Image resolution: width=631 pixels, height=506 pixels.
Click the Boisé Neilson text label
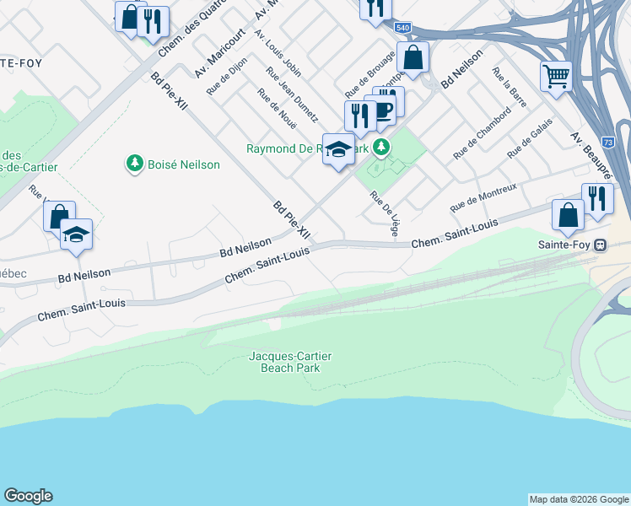184,164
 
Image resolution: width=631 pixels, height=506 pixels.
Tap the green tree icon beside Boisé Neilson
134,163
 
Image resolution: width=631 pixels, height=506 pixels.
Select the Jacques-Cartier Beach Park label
284,362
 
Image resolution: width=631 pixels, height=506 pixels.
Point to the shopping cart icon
557,77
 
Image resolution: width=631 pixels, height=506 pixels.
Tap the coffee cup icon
383,110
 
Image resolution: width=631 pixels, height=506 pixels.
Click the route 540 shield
402,28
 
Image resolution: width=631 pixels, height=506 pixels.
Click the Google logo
28,496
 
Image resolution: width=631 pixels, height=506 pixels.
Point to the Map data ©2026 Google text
578,499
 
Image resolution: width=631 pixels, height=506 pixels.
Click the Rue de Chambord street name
482,132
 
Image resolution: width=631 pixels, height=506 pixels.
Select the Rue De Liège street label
384,212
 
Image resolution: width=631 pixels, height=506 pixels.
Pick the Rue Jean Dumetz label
292,94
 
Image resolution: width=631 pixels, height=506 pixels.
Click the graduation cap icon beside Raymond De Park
339,150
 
